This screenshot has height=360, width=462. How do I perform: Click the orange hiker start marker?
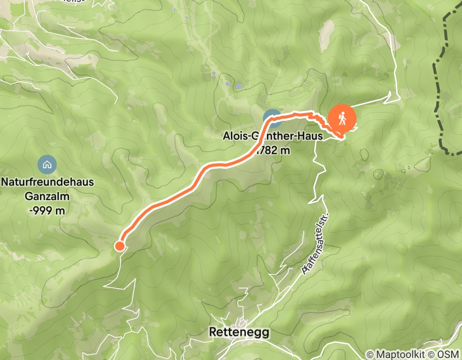[x=342, y=119]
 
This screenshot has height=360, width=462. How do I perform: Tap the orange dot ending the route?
[x=119, y=246]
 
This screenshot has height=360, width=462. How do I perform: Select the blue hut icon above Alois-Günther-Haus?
[x=272, y=118]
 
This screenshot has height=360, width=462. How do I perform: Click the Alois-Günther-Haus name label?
[x=272, y=137]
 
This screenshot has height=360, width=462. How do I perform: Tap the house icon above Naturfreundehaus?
[x=47, y=165]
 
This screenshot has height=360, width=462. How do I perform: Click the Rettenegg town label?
[x=239, y=333]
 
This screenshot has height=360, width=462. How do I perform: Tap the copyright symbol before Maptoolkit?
[x=370, y=354]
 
